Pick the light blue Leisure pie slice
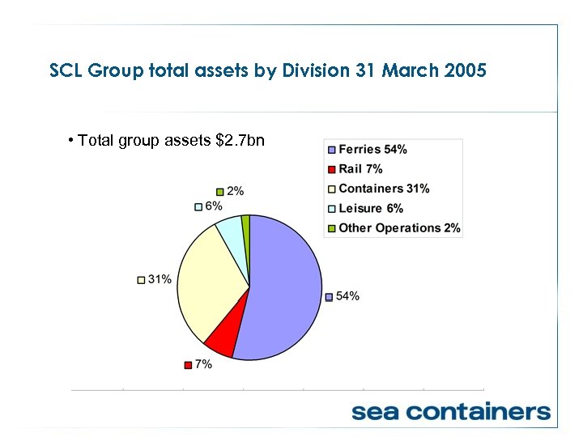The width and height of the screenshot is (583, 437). click(230, 231)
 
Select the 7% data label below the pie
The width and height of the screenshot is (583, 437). click(203, 364)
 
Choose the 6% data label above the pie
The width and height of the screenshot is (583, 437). click(213, 206)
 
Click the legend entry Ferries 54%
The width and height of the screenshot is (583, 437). click(372, 150)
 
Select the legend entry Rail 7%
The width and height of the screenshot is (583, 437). click(360, 169)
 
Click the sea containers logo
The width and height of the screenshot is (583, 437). click(450, 411)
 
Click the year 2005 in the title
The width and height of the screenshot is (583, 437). click(466, 70)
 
